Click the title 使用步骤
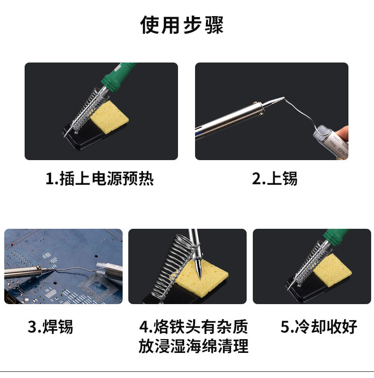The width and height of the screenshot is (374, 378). pyautogui.click(x=182, y=25)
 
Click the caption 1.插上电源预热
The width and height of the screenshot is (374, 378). pyautogui.click(x=99, y=179)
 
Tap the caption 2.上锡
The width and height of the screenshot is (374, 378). pyautogui.click(x=275, y=179)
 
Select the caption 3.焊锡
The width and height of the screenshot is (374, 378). pyautogui.click(x=50, y=327)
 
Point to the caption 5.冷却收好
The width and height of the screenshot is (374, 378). pyautogui.click(x=319, y=327)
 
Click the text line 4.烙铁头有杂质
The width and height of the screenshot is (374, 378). pyautogui.click(x=194, y=327)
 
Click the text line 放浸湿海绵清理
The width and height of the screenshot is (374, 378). pyautogui.click(x=194, y=346)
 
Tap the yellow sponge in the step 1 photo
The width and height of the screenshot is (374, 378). pyautogui.click(x=110, y=117)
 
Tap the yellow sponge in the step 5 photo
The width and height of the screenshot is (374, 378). pyautogui.click(x=332, y=270)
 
